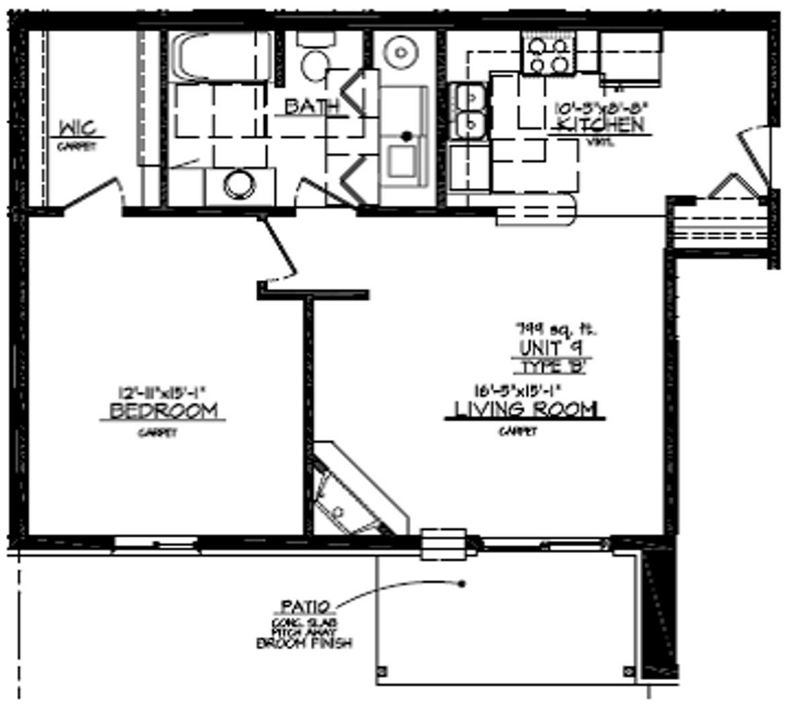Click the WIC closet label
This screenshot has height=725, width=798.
click(77, 127)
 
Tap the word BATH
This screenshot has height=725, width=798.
click(312, 107)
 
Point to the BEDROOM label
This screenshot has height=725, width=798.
click(163, 410)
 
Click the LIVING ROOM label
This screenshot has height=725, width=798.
click(526, 409)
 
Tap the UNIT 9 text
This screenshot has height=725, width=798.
click(550, 348)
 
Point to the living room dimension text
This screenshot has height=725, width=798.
click(517, 390)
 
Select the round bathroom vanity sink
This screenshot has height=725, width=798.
click(239, 185)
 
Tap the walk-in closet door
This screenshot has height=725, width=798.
click(90, 193)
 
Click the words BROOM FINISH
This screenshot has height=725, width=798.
click(304, 643)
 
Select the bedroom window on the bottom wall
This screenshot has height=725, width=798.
click(156, 543)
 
